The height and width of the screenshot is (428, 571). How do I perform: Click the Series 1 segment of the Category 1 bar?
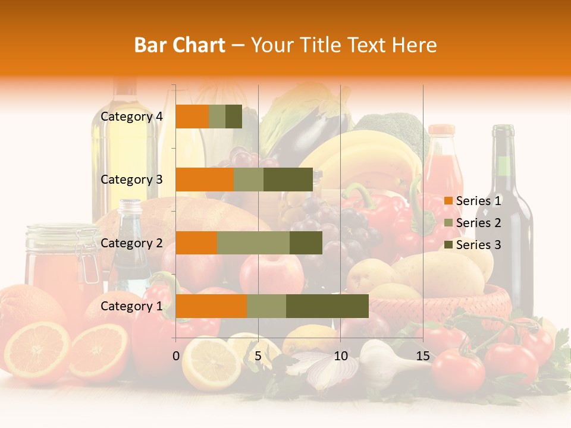coord(211,306)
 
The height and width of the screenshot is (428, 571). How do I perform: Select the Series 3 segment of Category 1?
coord(327,306)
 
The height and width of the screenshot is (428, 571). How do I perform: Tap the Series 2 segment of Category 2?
coord(253,243)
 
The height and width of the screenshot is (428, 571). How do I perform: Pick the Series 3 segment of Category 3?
coord(288,180)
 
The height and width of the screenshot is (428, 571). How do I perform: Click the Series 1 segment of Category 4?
coord(192,117)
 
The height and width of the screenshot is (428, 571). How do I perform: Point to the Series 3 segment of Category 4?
coord(234,117)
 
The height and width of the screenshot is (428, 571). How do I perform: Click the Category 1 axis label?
coord(131,306)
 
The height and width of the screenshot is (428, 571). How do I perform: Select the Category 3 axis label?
coord(131,180)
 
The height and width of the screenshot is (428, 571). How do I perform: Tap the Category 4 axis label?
coord(131,117)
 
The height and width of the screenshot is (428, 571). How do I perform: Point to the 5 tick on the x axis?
coord(258,356)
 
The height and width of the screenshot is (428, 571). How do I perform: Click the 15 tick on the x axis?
coord(423,356)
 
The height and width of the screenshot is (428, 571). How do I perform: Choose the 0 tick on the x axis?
coord(176,356)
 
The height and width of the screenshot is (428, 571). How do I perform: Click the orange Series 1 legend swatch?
coord(448,202)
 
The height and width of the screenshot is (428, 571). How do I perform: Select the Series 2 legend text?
coord(478,223)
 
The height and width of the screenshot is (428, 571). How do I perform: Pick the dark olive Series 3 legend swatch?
coord(448,245)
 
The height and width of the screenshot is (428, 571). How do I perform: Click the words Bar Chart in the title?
coord(180,45)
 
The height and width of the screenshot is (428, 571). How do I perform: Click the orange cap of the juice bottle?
coord(441,130)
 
